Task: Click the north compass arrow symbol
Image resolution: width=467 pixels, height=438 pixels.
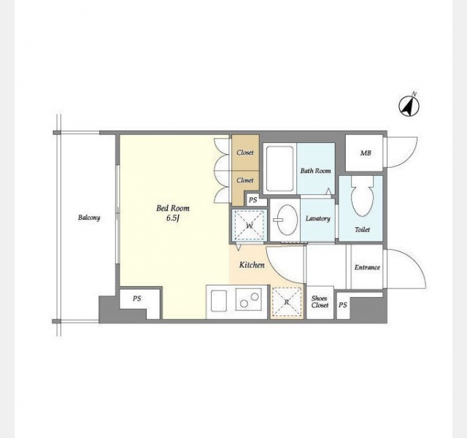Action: (409, 106)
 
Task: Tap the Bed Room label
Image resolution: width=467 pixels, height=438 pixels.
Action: (173, 208)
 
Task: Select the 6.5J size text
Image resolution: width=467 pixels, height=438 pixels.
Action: (173, 218)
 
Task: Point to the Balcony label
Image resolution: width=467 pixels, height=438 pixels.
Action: (89, 218)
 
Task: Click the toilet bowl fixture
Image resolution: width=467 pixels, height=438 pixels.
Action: (362, 196)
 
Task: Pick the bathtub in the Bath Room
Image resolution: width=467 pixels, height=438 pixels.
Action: (279, 169)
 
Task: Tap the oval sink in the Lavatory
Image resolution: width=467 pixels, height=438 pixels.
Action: (287, 220)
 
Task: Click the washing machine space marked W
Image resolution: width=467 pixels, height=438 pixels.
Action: (249, 225)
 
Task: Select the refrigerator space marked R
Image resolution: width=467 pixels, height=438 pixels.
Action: (287, 301)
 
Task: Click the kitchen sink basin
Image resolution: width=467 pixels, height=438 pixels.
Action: (219, 301)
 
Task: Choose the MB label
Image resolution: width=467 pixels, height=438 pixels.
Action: (366, 153)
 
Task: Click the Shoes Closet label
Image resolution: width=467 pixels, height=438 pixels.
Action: (320, 301)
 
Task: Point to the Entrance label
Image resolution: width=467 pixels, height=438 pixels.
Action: (367, 267)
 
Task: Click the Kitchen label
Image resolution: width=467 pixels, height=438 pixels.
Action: (252, 264)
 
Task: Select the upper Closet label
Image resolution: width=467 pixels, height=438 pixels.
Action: (245, 153)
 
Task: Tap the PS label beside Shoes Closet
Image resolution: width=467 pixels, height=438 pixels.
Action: (343, 305)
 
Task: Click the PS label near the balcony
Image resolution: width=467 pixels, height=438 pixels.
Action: (136, 299)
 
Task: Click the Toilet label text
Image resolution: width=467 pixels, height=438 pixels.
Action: (362, 229)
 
